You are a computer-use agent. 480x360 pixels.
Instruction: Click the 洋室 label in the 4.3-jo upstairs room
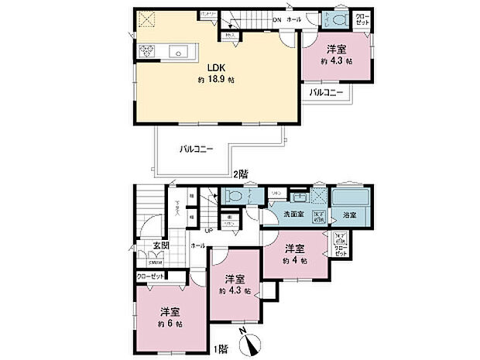(335, 46)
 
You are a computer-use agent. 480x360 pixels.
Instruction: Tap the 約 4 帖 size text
(294, 261)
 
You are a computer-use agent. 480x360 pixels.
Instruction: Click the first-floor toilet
(232, 197)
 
